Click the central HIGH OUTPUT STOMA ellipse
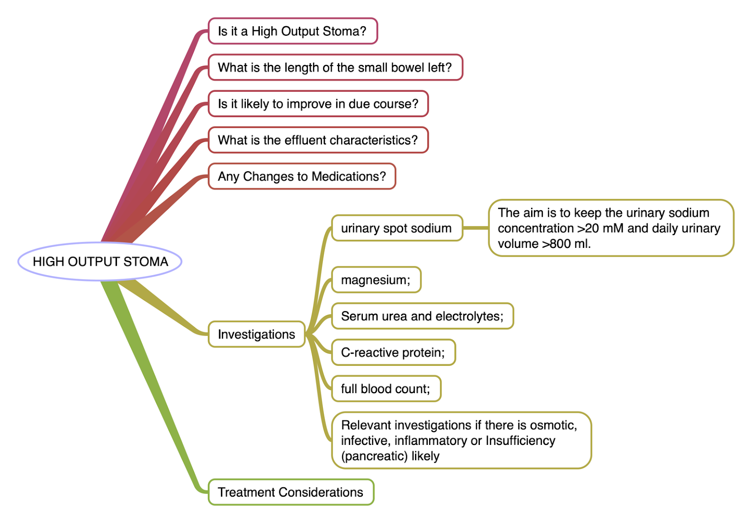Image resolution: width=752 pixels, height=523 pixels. [100, 261]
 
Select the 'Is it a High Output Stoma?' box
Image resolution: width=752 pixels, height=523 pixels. [292, 31]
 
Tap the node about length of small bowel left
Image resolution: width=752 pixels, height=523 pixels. [335, 67]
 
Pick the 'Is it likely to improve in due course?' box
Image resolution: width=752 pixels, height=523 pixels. [318, 103]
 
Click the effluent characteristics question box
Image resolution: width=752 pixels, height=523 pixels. [318, 140]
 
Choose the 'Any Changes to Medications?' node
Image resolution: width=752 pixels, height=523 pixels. [302, 176]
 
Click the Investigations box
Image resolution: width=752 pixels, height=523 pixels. [257, 334]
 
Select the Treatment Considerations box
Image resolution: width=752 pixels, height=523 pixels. [290, 492]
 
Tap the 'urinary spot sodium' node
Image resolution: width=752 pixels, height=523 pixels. [397, 228]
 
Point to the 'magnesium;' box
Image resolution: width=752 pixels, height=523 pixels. [376, 280]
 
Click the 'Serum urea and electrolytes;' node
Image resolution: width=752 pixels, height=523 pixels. [422, 316]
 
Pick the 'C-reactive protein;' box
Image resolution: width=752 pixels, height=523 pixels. [393, 352]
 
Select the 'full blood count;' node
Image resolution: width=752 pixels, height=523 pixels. [386, 388]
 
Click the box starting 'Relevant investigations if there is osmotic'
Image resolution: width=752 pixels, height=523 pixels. [461, 440]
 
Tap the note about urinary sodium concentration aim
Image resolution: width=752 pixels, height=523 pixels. [611, 228]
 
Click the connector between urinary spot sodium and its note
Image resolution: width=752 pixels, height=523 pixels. [476, 228]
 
